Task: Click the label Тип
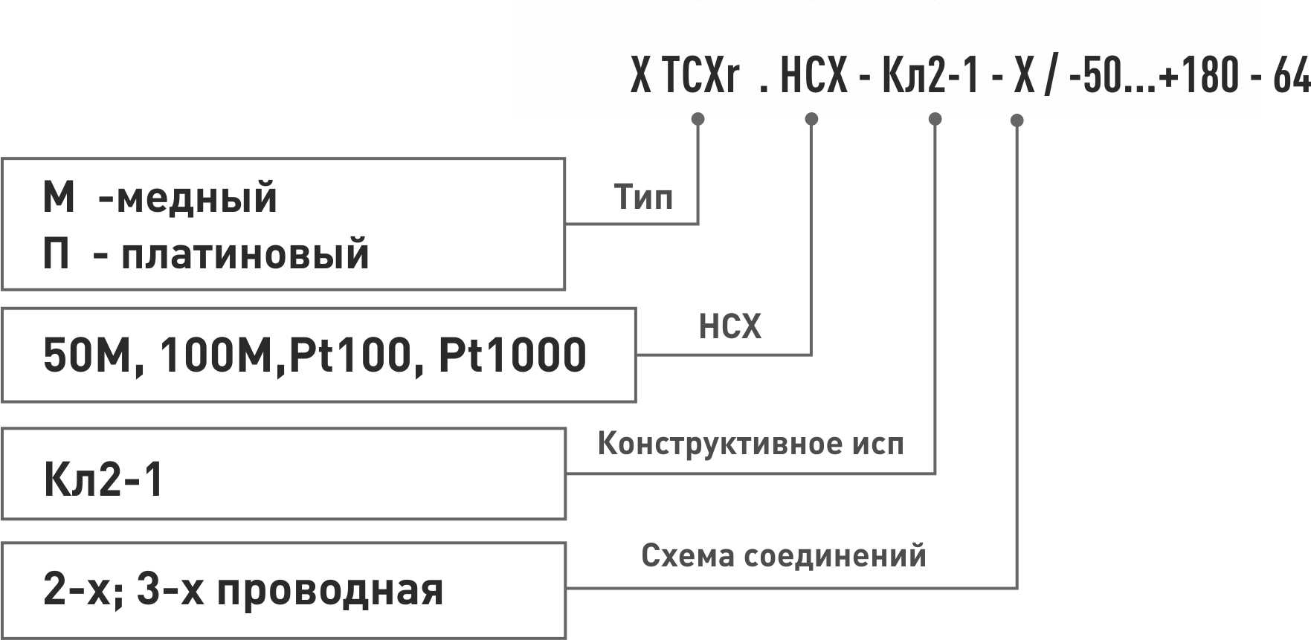pos(643,198)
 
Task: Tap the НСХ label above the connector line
pos(729,327)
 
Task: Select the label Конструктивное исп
pos(750,444)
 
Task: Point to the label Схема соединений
pos(783,555)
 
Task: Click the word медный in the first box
pos(197,198)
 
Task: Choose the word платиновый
pos(245,254)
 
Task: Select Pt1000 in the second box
pos(512,355)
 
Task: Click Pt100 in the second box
pos(350,355)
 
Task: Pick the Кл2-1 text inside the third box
pos(103,479)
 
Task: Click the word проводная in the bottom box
pos(330,591)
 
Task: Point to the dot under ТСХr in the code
pos(698,119)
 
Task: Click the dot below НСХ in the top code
pos(811,119)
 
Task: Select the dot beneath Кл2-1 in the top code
pos(935,119)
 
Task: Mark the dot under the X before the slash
pos(1017,120)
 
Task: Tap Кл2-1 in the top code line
pos(930,77)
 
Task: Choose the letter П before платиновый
pos(57,254)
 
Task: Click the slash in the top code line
pos(1049,77)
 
